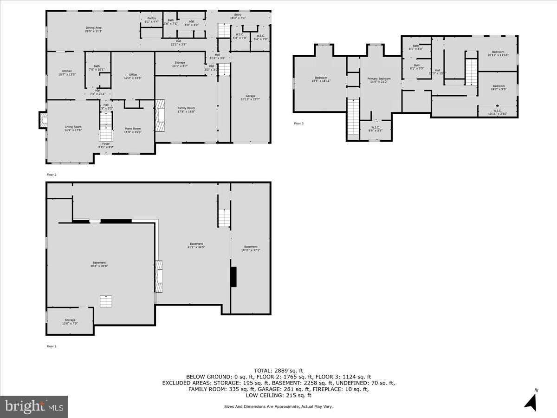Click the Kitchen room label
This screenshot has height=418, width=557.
tap(67, 72)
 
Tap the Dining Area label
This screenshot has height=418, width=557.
tap(93, 30)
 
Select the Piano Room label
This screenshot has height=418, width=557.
tap(132, 130)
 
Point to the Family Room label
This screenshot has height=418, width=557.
tap(186, 110)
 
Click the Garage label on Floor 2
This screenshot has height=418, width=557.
tap(251, 98)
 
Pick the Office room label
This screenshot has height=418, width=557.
tap(133, 76)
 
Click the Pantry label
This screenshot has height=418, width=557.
tap(151, 20)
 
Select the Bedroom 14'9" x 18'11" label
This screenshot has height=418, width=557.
tap(321, 79)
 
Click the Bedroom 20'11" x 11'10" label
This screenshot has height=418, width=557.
tap(498, 53)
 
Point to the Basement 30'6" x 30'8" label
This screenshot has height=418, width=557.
tap(99, 264)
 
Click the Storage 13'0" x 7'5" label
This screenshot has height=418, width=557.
tap(70, 321)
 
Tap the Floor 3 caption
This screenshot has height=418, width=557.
tap(298, 124)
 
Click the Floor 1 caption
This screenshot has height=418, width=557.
tap(51, 346)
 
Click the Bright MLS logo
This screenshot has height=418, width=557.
tap(34, 406)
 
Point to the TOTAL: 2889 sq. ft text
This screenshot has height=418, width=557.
tap(278, 370)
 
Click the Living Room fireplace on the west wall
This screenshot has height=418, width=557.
tap(43, 120)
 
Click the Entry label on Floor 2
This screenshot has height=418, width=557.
tap(238, 16)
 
